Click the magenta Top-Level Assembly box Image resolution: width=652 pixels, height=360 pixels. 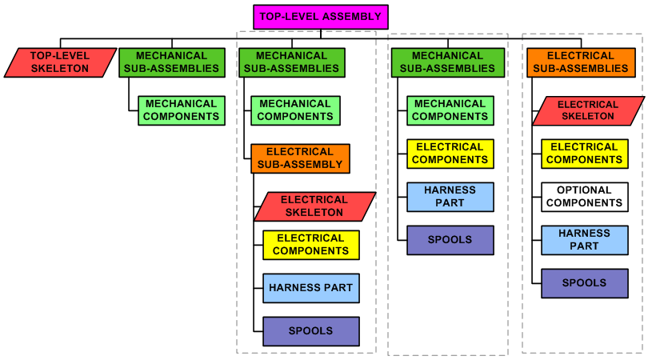point(321,16)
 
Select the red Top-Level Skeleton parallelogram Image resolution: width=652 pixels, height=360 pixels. point(60,62)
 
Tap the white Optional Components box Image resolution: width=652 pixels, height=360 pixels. point(584,197)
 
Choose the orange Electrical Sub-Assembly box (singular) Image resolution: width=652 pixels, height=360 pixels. point(300,158)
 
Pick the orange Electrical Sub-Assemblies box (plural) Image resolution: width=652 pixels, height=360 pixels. point(582,62)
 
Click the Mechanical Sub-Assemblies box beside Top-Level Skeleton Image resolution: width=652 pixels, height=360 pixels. point(171,62)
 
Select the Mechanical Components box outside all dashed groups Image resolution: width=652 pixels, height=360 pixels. point(181,110)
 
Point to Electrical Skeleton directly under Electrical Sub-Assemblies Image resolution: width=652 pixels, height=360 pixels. point(588,110)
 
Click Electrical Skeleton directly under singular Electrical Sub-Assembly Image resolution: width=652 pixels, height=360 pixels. point(314,206)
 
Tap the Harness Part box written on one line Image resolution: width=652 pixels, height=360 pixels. point(310,288)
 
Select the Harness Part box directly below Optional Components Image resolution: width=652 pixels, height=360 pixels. point(584,240)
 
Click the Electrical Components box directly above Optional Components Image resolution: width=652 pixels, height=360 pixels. point(584,154)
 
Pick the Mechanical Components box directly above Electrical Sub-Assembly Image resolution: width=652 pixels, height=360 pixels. point(294,110)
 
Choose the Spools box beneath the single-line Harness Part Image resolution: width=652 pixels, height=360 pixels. point(310,331)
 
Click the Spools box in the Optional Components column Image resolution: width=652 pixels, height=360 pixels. point(584,283)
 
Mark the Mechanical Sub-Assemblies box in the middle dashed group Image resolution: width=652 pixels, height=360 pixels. point(447,62)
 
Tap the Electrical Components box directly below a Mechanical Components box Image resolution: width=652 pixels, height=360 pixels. point(450,154)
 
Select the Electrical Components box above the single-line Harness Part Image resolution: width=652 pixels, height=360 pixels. point(310,245)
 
